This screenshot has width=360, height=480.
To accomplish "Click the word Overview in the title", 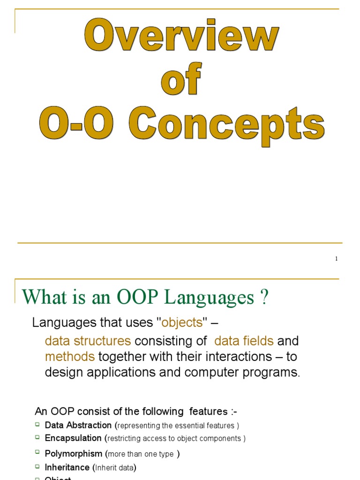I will [181, 37].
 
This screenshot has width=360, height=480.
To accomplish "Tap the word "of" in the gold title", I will [181, 80].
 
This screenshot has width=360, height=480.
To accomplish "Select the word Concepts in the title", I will [227, 123].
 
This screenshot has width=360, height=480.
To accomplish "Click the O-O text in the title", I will [76, 123].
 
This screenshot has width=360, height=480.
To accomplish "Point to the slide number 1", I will [337, 259].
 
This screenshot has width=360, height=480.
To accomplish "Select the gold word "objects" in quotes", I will [182, 323].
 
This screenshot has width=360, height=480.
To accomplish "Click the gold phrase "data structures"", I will [88, 341].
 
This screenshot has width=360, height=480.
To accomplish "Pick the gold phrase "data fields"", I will [244, 341].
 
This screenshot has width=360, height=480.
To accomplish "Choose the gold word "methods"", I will [70, 357].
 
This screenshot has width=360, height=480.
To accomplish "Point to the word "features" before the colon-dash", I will [208, 412].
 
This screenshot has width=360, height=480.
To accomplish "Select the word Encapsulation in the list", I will [73, 438].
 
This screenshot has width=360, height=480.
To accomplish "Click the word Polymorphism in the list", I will [74, 454].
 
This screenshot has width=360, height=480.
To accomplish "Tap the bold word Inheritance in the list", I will [67, 467].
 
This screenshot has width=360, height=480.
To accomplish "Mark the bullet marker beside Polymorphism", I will [37, 453].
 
